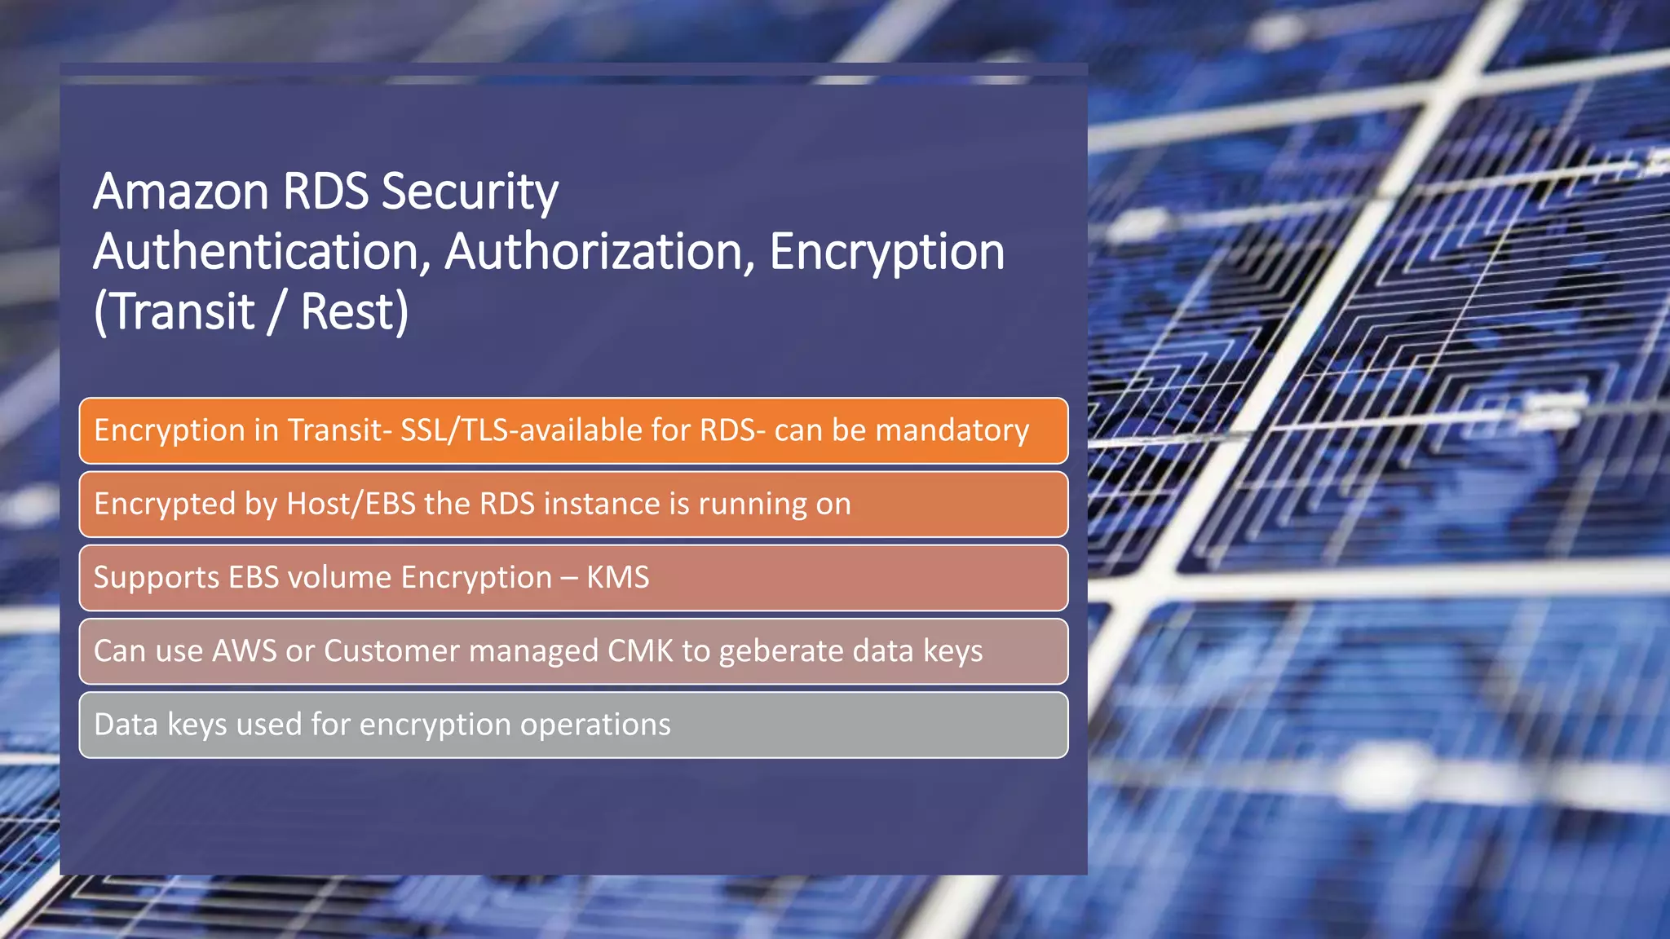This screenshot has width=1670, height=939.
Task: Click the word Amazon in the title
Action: point(181,192)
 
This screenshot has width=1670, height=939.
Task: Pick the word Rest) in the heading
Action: point(355,312)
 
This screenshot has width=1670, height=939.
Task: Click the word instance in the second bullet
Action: point(602,504)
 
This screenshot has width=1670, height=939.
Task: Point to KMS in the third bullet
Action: point(618,577)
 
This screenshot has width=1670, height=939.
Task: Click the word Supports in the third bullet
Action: point(157,577)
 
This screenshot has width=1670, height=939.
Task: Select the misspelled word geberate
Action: point(780,651)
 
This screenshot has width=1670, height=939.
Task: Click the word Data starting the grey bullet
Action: point(126,725)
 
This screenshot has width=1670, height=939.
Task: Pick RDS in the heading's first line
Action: point(325,192)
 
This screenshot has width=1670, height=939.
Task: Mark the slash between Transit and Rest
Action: point(277,312)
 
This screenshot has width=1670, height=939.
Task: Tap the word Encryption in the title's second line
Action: point(886,252)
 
